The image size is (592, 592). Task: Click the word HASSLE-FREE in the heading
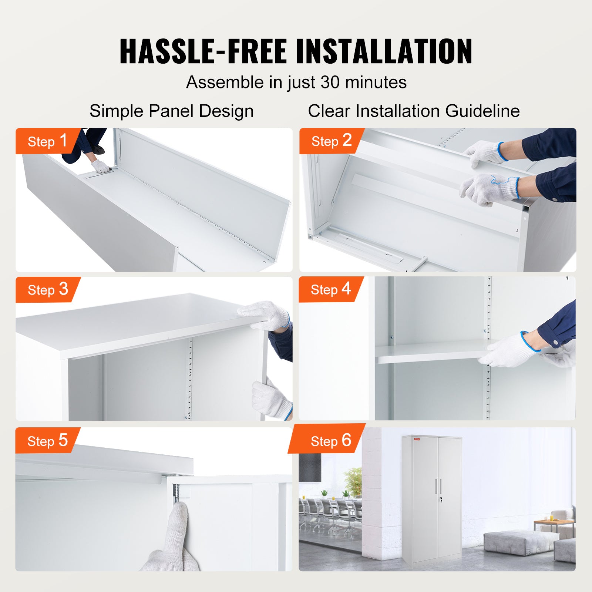(203, 51)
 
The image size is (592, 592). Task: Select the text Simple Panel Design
(171, 111)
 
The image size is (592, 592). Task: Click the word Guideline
(482, 111)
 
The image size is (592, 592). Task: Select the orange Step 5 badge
(48, 440)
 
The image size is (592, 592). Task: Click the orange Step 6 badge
(327, 439)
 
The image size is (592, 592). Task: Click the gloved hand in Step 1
(101, 166)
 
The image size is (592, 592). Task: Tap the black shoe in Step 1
(98, 149)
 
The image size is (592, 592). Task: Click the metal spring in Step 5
(176, 492)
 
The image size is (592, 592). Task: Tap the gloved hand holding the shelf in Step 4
(509, 350)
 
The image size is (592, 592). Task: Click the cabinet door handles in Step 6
(438, 486)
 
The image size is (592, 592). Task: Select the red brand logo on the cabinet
(417, 439)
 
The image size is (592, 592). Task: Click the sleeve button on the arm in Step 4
(556, 344)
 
